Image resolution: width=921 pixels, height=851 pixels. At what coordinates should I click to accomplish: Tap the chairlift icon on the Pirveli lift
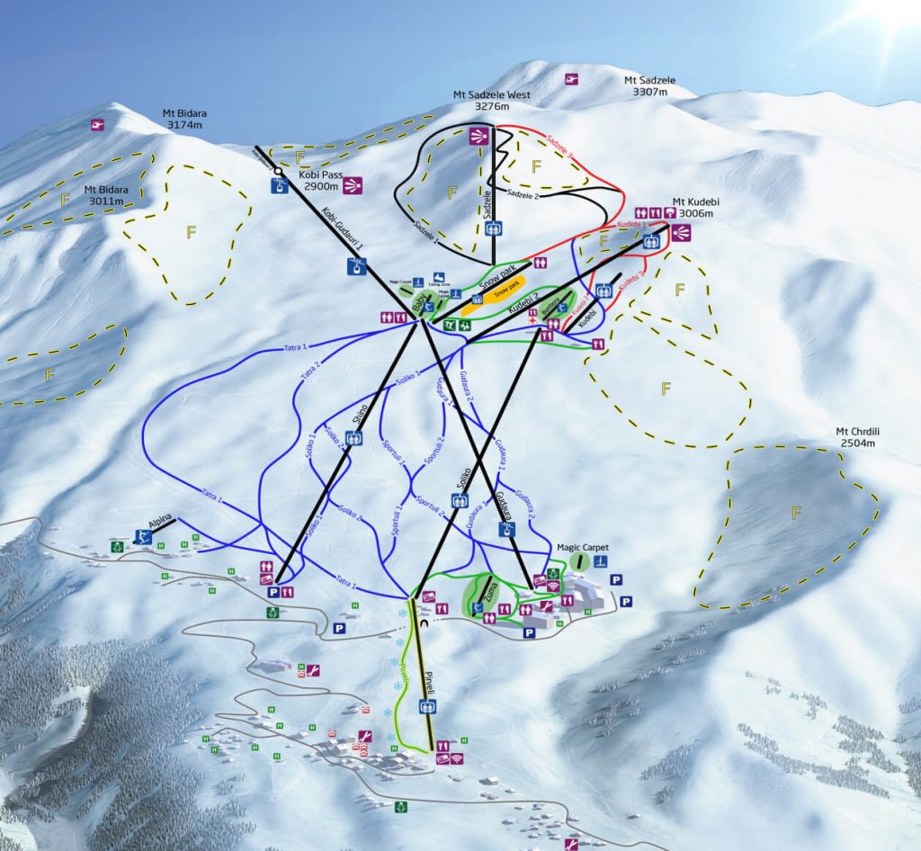(x=426, y=705)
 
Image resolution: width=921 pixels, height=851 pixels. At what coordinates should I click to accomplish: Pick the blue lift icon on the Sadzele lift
(x=493, y=228)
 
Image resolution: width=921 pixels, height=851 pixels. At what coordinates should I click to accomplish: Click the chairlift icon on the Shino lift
(x=355, y=438)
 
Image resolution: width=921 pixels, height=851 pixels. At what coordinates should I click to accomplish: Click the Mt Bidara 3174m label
(x=184, y=120)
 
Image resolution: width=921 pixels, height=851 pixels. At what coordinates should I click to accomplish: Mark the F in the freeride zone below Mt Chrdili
(x=795, y=514)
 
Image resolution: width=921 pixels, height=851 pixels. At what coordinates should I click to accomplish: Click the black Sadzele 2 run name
(x=523, y=193)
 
